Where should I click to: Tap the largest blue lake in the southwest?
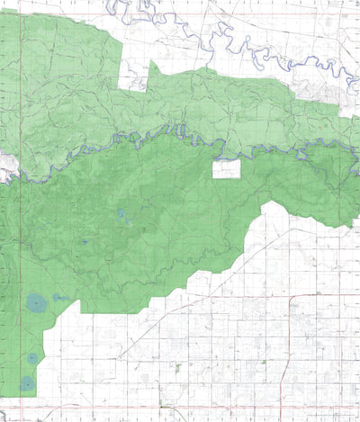36,303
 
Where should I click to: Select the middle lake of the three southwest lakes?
33,358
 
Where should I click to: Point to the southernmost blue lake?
28,384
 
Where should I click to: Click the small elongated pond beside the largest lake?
61,297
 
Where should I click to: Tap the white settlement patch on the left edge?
4,167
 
